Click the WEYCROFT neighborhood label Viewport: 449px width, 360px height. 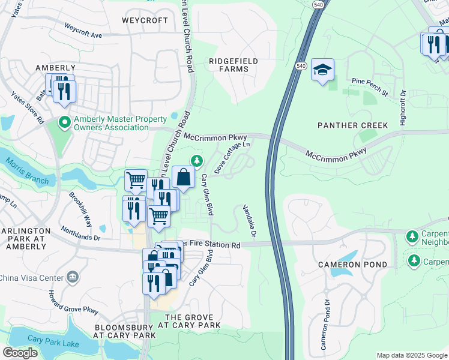(x=145, y=20)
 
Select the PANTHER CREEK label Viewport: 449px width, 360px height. (x=354, y=125)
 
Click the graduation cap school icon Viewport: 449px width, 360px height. (x=322, y=70)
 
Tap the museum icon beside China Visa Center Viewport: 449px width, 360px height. (x=73, y=277)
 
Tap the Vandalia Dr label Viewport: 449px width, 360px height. (x=249, y=220)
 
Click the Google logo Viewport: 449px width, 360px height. (x=20, y=353)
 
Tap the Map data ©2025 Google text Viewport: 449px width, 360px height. (x=411, y=355)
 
